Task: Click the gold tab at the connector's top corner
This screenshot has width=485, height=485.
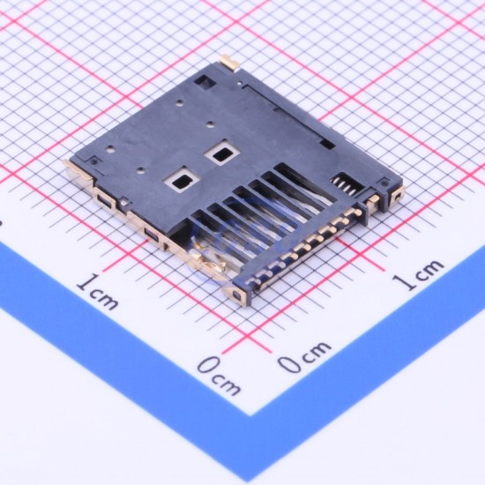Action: point(229,62)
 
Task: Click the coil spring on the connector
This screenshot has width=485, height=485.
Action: point(347,185)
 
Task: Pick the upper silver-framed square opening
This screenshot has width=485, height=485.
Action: point(222,153)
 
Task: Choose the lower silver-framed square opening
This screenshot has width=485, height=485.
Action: point(182,179)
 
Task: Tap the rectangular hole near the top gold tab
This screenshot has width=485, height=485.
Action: point(205,80)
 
